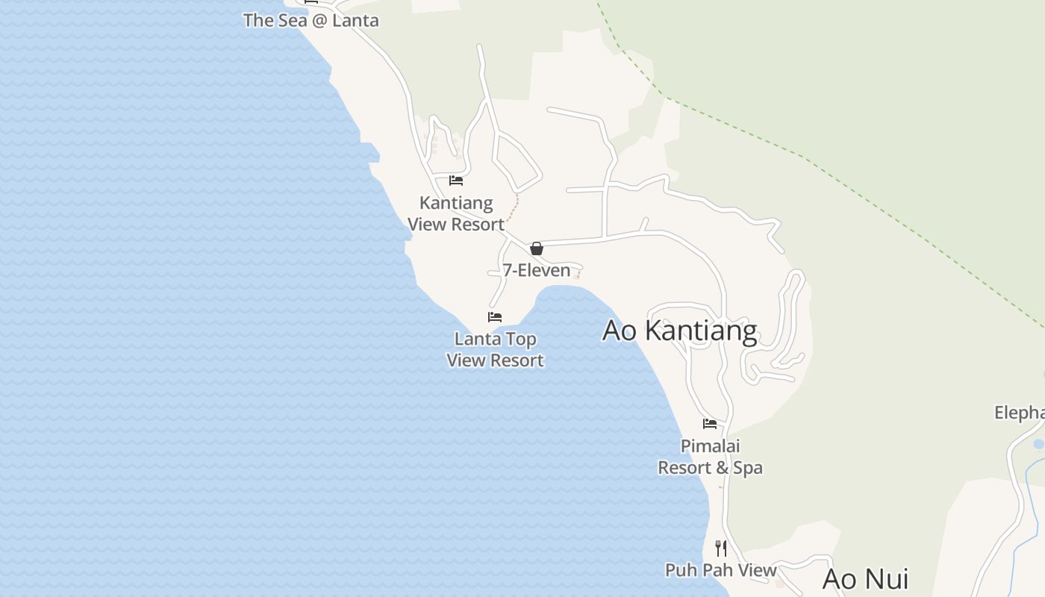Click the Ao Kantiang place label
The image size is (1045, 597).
coord(679,330)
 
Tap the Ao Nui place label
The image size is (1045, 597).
coord(865,579)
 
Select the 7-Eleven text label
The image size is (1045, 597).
coord(536,270)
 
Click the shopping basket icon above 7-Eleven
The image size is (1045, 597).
coord(537,249)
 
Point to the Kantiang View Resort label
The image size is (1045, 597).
coord(456,213)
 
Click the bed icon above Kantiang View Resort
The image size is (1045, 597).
coord(456,181)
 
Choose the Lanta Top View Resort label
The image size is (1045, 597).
coord(495,349)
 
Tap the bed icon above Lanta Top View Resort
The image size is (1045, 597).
coord(495,317)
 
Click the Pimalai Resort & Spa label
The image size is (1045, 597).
coord(710,457)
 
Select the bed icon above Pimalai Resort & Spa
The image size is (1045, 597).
coord(710,424)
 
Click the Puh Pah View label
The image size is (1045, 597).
coord(720,570)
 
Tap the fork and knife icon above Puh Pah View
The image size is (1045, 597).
coord(721,548)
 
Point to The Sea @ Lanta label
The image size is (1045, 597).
coord(311,20)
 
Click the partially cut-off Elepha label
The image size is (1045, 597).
coord(1020,413)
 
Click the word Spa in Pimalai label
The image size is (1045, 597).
coord(749,468)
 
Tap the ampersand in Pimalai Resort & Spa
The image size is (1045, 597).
coord(721,468)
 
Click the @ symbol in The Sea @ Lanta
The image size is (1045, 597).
coord(319,20)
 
